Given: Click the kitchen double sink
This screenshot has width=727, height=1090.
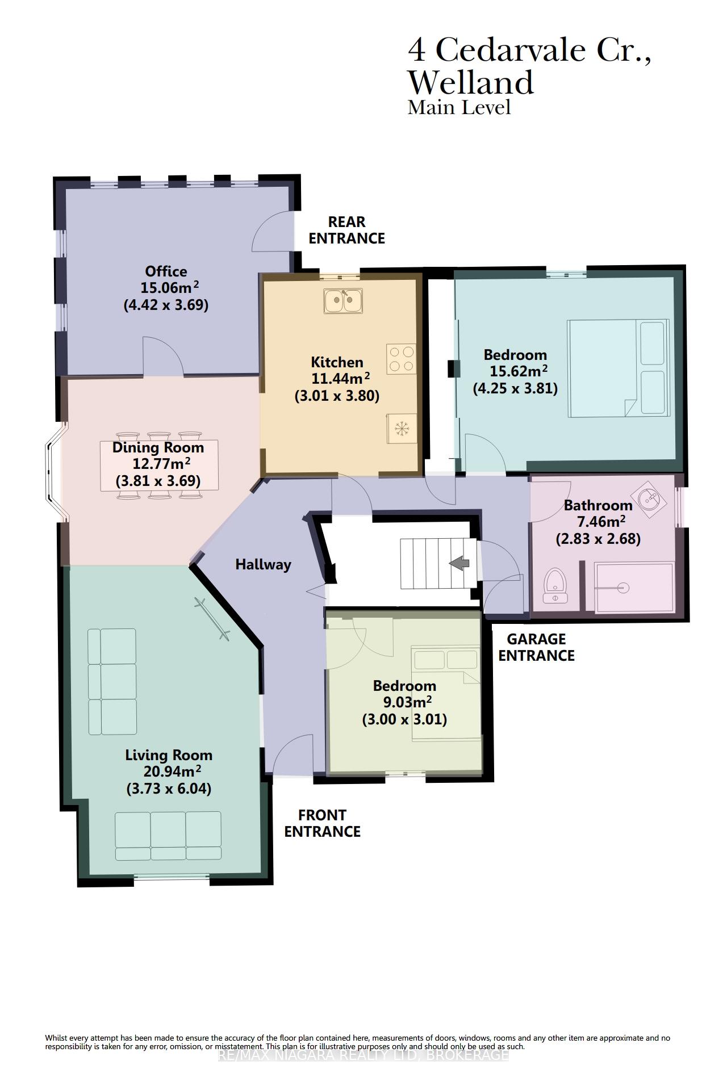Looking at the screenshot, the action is pyautogui.click(x=344, y=301).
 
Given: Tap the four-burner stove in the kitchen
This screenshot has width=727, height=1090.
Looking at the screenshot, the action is pyautogui.click(x=401, y=359).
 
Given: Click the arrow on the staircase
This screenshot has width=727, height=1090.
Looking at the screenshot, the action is pyautogui.click(x=459, y=563).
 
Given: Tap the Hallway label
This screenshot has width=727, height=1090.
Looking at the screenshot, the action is pyautogui.click(x=263, y=564).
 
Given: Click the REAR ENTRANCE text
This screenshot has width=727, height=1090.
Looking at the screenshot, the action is pyautogui.click(x=346, y=230).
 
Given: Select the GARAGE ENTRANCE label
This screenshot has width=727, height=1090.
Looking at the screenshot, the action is pyautogui.click(x=536, y=647).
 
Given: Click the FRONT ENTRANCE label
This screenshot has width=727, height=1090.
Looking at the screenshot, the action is pyautogui.click(x=322, y=823).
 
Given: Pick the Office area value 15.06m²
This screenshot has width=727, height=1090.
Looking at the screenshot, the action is pyautogui.click(x=169, y=287).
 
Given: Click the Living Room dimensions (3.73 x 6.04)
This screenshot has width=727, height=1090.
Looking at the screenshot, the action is pyautogui.click(x=169, y=789).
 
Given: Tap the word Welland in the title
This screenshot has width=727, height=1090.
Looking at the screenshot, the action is pyautogui.click(x=471, y=82).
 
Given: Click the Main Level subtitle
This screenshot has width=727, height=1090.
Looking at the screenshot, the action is pyautogui.click(x=459, y=107).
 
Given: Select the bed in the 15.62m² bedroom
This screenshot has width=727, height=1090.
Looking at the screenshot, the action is pyautogui.click(x=617, y=368).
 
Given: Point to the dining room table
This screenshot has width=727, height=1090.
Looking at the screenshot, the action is pyautogui.click(x=160, y=465).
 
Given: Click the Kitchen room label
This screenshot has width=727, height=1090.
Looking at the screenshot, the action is pyautogui.click(x=337, y=362).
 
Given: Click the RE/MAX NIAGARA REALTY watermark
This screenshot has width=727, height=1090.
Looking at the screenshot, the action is pyautogui.click(x=363, y=1055).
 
